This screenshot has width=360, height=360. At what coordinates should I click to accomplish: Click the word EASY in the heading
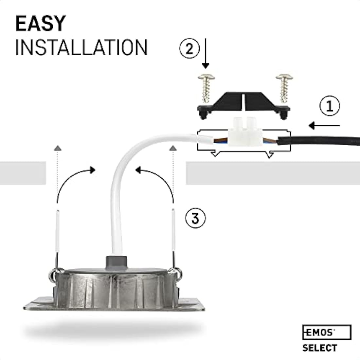click(x=41, y=24)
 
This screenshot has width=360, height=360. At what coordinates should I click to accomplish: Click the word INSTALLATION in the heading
click(x=81, y=47)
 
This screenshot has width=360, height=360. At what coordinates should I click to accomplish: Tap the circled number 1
click(x=329, y=106)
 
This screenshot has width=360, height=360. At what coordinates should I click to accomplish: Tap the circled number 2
click(x=189, y=49)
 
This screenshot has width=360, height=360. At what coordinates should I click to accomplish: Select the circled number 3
click(x=195, y=218)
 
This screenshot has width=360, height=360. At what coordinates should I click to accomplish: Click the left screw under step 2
click(x=206, y=87)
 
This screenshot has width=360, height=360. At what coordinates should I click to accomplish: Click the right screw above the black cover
click(x=284, y=87)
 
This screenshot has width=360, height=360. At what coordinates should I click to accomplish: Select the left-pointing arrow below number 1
click(x=324, y=125)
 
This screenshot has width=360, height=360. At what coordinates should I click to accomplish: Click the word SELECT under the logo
click(x=319, y=348)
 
